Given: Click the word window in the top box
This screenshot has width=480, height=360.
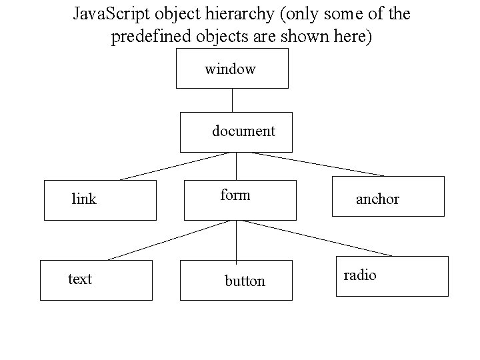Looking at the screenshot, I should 230,69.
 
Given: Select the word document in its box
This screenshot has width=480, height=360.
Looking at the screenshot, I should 243,131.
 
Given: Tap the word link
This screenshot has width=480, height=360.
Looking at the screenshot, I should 84,199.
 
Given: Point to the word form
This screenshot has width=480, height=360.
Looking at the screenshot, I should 235,195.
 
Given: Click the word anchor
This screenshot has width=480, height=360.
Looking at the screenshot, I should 377,199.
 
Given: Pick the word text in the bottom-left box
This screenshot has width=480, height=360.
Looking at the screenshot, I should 80,279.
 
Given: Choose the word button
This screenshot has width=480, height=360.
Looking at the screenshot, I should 245,281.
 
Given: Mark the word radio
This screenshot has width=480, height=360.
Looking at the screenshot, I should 360,275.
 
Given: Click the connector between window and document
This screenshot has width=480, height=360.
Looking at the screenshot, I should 232,100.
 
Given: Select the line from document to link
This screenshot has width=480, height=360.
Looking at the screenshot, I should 175,166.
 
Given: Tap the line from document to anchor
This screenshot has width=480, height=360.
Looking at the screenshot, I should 318,164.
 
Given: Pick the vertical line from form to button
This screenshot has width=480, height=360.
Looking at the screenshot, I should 235,240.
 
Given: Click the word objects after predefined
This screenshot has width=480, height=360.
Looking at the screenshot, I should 217,37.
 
